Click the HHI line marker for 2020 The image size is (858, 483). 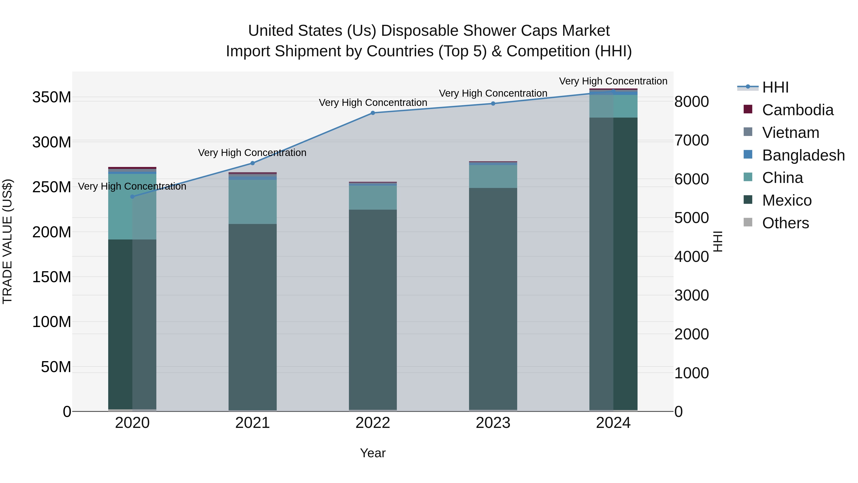coord(132,197)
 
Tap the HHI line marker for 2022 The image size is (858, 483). coord(373,113)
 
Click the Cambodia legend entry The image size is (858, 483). coord(797,110)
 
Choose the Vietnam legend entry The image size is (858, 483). coord(790,133)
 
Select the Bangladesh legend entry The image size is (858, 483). coord(803,155)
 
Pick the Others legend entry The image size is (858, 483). coord(785,223)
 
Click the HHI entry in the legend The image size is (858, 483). coord(775,87)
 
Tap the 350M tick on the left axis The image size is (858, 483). coord(52,97)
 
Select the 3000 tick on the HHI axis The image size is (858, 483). coord(691,295)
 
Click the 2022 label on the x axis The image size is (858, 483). coord(373,423)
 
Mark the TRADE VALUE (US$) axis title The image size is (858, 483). coord(7,241)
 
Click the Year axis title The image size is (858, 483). coord(373,453)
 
